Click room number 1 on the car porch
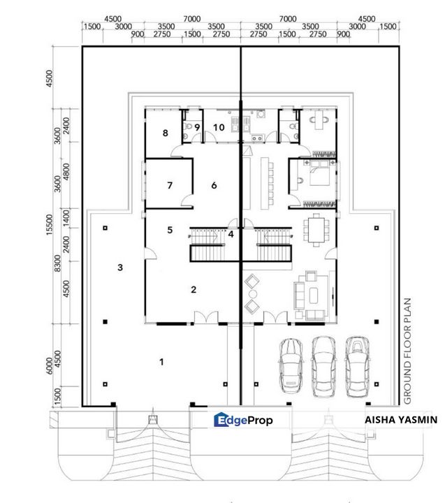click(x=162, y=361)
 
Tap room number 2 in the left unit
click(x=194, y=289)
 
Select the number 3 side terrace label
click(x=120, y=267)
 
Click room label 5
click(x=170, y=229)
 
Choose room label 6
click(x=214, y=185)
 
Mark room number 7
click(x=169, y=185)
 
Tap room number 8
click(x=165, y=132)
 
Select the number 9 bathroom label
click(x=198, y=127)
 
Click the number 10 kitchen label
click(x=219, y=127)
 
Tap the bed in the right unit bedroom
click(x=317, y=174)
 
